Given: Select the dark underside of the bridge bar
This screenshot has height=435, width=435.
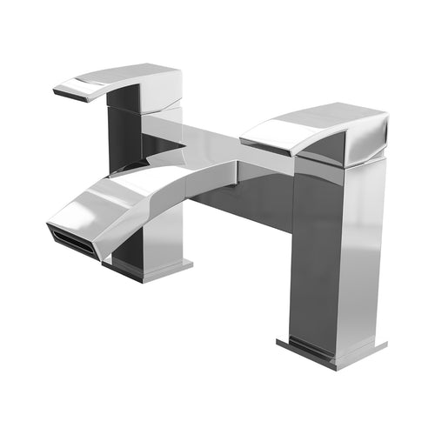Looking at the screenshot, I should pyautogui.click(x=244, y=200).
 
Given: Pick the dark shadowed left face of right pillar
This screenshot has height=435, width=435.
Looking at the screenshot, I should pyautogui.click(x=309, y=252).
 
